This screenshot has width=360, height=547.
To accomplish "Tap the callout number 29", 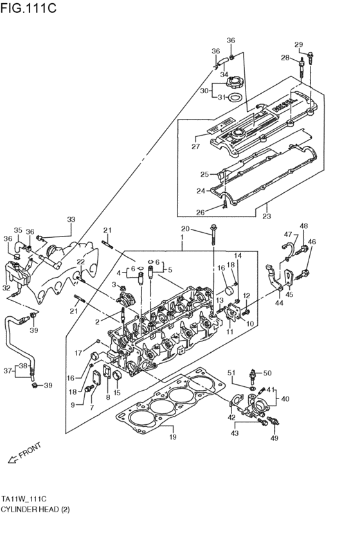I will point(298,44).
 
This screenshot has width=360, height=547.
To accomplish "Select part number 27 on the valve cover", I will point(196,147).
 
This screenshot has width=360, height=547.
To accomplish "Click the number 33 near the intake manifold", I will point(71,220).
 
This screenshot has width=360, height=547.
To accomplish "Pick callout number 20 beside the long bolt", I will point(184,229).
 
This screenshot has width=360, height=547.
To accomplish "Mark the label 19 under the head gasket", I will point(172,438).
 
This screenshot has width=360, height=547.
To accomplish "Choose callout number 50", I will point(267,373).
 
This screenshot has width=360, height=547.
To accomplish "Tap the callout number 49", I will point(274,438).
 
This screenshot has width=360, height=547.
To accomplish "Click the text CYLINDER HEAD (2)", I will point(35,509).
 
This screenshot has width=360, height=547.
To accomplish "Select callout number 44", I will point(278,303).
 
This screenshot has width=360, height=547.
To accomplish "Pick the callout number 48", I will point(303,226).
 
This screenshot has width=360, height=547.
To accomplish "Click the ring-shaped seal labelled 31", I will point(236,98).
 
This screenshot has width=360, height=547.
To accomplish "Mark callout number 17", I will point(77,352).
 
